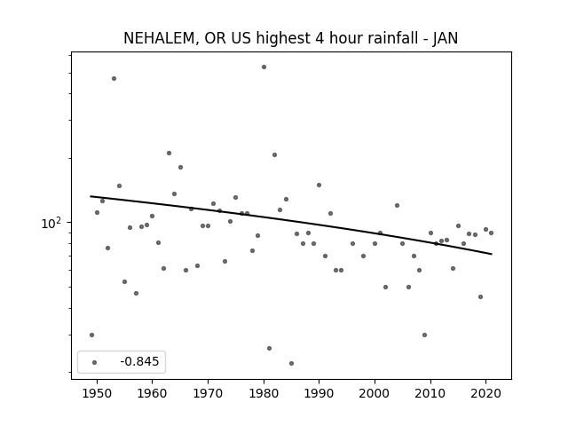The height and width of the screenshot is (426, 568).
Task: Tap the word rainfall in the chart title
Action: tap(391, 38)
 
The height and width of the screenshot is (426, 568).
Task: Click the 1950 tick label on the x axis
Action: tap(97, 393)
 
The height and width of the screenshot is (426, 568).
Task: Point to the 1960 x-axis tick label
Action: tap(152, 393)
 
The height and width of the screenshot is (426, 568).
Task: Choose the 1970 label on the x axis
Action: tap(208, 393)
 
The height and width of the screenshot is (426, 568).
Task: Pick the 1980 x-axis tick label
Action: tap(264, 393)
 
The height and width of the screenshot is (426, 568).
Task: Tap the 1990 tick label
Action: tap(319, 393)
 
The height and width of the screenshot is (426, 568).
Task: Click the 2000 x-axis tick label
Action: tap(375, 393)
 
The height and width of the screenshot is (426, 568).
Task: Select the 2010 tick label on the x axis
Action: tap(430, 393)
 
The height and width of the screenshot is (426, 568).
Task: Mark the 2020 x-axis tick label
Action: tap(486, 393)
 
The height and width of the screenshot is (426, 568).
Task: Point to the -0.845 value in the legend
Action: tap(139, 361)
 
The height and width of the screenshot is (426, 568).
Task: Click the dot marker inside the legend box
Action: tap(95, 362)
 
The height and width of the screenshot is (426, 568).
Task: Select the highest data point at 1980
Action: tap(264, 67)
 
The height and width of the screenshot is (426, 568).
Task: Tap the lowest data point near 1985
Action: tap(292, 363)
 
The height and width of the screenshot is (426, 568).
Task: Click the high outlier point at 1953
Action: tap(114, 79)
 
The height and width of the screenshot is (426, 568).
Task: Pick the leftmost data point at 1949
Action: tap(91, 335)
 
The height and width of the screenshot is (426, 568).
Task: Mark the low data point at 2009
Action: tap(424, 335)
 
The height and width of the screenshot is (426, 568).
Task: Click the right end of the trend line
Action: tap(492, 254)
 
